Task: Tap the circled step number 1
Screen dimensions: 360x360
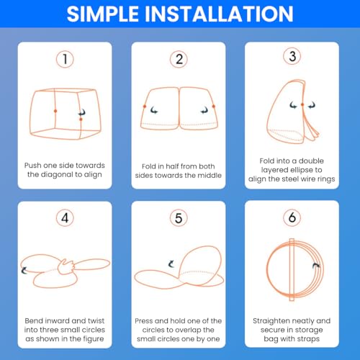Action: click(x=65, y=59)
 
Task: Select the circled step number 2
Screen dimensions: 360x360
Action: click(x=180, y=59)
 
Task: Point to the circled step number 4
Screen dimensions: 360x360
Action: click(x=65, y=216)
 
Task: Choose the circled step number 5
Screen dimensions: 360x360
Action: click(x=180, y=216)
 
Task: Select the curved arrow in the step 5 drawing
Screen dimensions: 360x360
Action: click(x=171, y=264)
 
